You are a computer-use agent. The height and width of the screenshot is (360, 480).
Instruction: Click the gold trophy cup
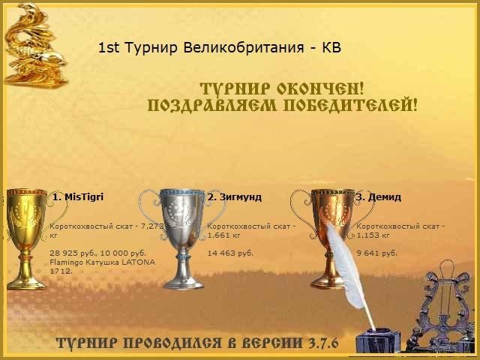[26, 236]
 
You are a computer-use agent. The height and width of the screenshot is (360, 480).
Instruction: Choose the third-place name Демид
[382, 197]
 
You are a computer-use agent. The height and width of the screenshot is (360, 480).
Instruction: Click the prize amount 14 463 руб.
[230, 253]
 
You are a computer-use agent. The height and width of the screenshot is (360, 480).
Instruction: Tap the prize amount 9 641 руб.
[376, 253]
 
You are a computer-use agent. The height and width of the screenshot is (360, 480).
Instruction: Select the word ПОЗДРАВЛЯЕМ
[214, 105]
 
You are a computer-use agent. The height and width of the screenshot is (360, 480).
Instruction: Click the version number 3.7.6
[323, 343]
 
